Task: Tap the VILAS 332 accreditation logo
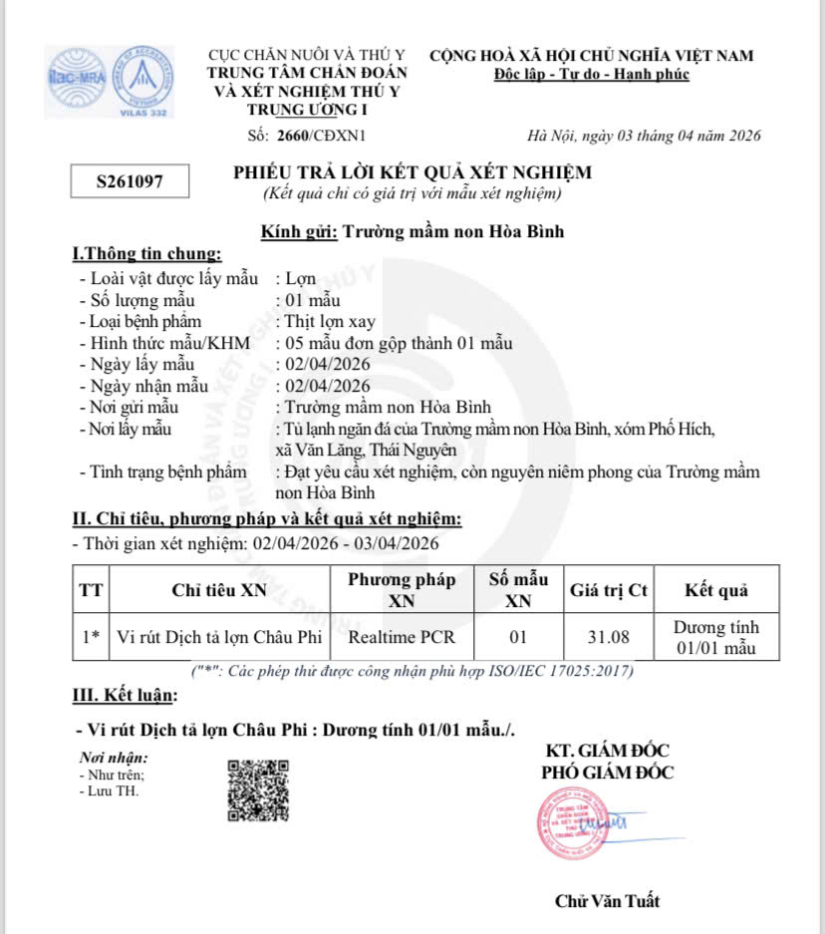142,80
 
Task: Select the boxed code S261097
130,181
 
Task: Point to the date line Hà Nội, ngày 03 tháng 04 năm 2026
644,136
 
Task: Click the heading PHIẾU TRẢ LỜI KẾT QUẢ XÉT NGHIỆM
412,172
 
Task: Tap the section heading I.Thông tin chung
147,254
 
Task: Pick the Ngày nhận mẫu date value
327,386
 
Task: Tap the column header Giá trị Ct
608,590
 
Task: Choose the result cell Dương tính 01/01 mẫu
715,637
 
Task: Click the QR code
258,790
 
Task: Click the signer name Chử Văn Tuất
607,901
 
